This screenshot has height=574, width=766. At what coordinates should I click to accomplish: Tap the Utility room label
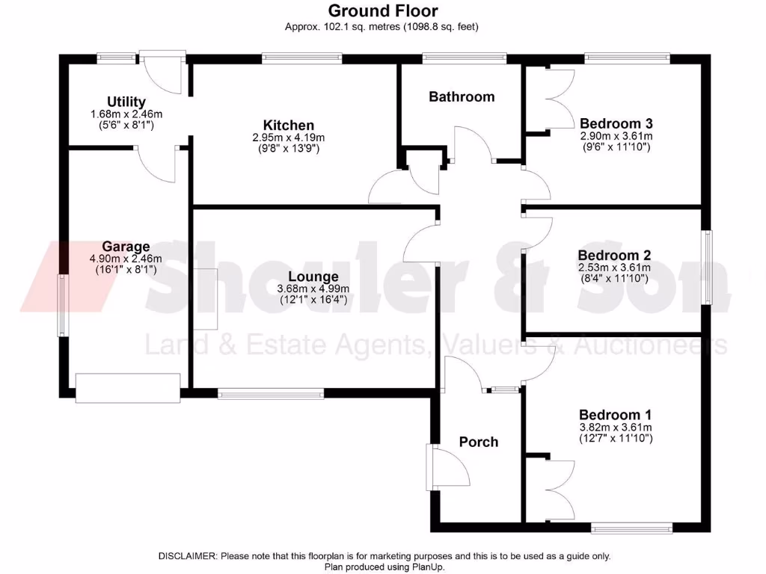126,102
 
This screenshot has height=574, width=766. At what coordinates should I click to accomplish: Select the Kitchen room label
288,125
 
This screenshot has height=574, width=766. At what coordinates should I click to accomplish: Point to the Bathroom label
462,96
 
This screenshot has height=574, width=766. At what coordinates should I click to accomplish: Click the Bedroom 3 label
616,123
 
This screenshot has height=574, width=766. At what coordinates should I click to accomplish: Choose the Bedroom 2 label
614,256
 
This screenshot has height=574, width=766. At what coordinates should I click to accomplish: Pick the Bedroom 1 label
615,415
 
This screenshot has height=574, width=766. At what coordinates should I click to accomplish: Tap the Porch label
479,442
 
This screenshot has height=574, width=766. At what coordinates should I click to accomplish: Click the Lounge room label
313,277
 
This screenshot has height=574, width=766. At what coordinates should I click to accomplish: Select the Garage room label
126,247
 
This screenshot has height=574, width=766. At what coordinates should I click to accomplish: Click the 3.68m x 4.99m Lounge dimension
313,288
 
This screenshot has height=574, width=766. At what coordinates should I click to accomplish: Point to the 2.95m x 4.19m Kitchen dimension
288,138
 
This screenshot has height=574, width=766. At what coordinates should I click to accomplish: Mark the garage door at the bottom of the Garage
128,388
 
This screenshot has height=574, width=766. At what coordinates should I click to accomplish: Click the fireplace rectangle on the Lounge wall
206,299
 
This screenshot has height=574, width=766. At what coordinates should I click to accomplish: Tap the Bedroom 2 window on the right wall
708,267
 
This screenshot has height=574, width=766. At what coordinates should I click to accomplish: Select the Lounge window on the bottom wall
271,393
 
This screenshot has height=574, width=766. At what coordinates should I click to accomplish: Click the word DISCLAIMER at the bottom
187,556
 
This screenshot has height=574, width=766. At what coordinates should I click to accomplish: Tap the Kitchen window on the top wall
302,58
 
